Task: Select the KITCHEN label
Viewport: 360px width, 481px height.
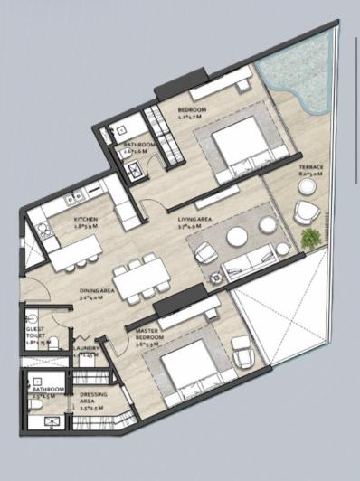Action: coord(87,218)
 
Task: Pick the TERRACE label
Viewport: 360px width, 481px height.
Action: coord(312,167)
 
